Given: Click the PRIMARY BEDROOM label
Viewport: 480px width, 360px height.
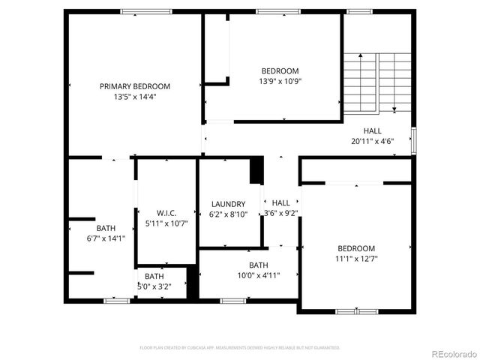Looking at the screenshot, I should (x=135, y=86).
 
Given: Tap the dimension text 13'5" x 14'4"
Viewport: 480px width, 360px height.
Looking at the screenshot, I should (x=135, y=97).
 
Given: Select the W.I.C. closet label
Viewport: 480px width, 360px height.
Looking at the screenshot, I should (x=166, y=213).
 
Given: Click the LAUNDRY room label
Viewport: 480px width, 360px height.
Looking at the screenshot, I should (x=228, y=204).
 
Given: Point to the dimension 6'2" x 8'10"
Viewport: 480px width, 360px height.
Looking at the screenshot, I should (x=228, y=214).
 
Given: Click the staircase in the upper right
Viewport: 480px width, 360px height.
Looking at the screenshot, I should (x=378, y=82).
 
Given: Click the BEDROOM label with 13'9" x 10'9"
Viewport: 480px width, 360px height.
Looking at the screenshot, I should (x=280, y=71).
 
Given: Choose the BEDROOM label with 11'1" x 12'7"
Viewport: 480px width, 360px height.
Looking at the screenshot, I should (x=356, y=248).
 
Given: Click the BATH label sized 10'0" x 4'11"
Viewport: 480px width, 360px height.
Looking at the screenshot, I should (x=259, y=265).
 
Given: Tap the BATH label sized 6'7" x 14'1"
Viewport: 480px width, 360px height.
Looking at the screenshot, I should (x=106, y=228).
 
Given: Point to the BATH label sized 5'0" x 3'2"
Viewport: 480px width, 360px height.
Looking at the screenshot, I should (x=154, y=276).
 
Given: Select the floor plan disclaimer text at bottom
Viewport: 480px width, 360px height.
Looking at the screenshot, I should (x=240, y=348).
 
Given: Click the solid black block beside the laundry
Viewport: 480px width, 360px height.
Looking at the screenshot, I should (x=256, y=170).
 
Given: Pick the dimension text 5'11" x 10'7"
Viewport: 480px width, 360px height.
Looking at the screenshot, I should (x=166, y=223).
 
